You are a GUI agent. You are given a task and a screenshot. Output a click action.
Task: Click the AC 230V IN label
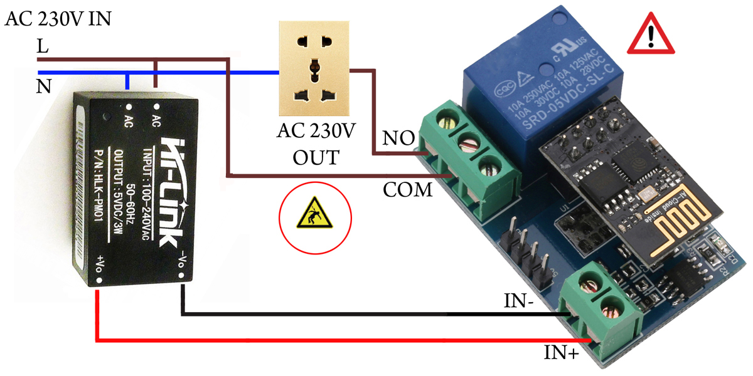[58, 19]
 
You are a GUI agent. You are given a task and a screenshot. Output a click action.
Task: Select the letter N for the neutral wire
[43, 86]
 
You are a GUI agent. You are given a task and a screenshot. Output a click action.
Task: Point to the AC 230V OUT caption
[316, 144]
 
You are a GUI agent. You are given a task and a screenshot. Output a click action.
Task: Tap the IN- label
[519, 301]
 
